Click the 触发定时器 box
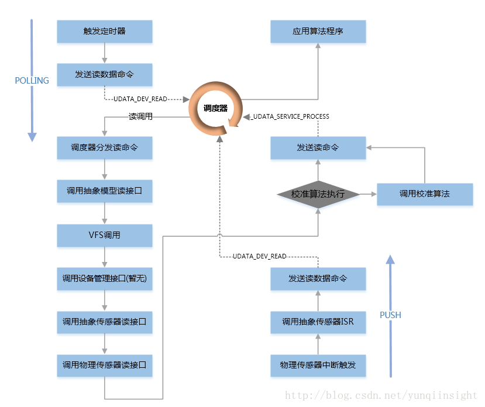pyautogui.click(x=104, y=32)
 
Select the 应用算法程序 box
pyautogui.click(x=318, y=32)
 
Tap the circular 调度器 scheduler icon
pyautogui.click(x=215, y=108)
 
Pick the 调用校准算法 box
pyautogui.click(x=424, y=194)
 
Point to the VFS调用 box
pyautogui.click(x=104, y=235)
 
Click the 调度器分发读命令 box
pyautogui.click(x=104, y=148)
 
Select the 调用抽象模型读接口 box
pyautogui.click(x=104, y=191)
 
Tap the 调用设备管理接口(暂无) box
pyautogui.click(x=104, y=279)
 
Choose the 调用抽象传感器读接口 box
pyautogui.click(x=104, y=322)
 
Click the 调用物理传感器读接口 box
pyautogui.click(x=104, y=366)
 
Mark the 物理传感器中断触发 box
pyautogui.click(x=318, y=366)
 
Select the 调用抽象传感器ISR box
pyautogui.click(x=318, y=322)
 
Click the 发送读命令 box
pyautogui.click(x=318, y=148)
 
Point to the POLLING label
pyautogui.click(x=32, y=81)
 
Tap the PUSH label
pyautogui.click(x=390, y=315)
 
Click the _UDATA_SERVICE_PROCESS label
pyautogui.click(x=290, y=116)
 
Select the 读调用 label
pyautogui.click(x=140, y=116)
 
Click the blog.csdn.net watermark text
pyautogui.click(x=381, y=396)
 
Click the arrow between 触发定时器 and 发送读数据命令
pyautogui.click(x=104, y=53)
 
